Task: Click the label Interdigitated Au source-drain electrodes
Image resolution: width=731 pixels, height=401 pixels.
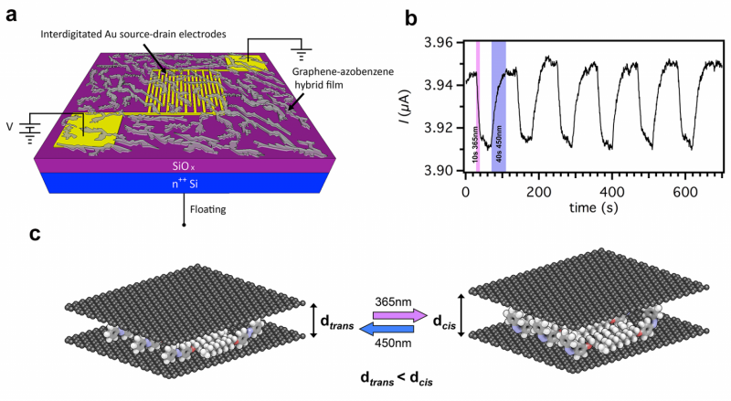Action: (147, 34)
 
